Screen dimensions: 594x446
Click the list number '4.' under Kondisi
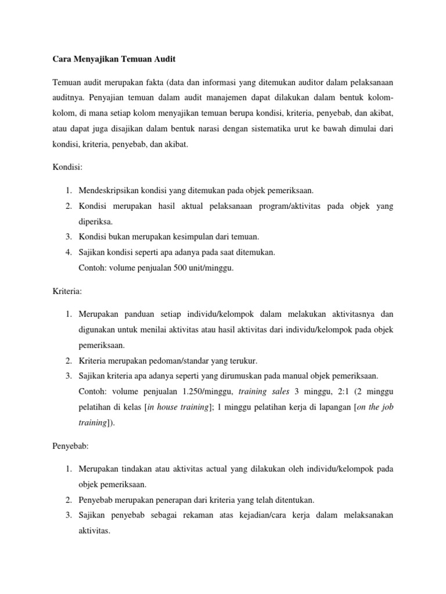(68, 253)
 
